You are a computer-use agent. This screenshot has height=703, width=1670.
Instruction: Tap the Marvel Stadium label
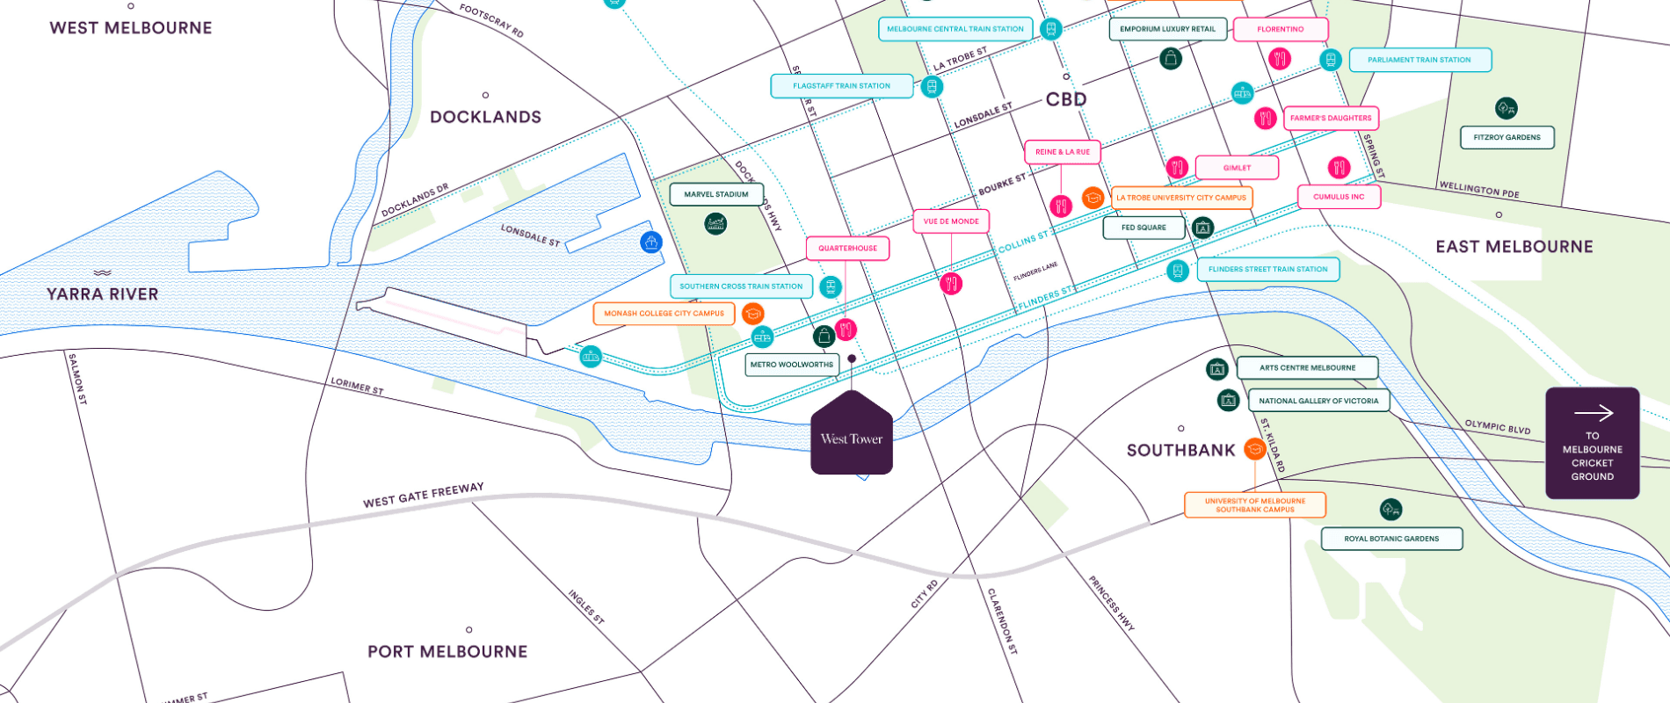tap(716, 194)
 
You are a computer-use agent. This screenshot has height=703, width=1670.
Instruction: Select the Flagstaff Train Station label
tap(841, 86)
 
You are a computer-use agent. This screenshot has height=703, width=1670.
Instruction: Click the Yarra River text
tap(103, 294)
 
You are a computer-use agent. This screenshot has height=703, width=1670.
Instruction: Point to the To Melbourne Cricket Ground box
tap(1592, 444)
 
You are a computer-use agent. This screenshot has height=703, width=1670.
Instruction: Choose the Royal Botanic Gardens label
tap(1391, 539)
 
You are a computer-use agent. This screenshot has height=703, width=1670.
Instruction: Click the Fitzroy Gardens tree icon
tap(1506, 108)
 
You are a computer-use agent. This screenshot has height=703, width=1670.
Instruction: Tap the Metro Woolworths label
tap(791, 365)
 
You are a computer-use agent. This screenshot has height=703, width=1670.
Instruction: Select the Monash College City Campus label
tap(664, 314)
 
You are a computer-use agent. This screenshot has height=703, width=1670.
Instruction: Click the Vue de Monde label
tap(951, 221)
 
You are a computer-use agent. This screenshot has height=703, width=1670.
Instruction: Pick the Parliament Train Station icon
tap(1331, 60)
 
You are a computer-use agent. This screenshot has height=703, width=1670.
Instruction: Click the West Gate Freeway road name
tap(423, 496)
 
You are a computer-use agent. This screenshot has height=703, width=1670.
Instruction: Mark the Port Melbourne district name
tap(447, 652)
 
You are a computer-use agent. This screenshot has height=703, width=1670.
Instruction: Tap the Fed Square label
tap(1144, 228)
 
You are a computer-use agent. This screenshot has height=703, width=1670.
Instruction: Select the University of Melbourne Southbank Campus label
tap(1254, 505)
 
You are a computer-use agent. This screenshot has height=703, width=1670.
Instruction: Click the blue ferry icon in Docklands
tap(651, 243)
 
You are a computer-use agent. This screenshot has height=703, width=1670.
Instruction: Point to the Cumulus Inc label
tap(1339, 197)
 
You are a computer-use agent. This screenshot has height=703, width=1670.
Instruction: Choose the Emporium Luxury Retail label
tap(1167, 29)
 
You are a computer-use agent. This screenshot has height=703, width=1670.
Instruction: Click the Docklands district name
tap(485, 118)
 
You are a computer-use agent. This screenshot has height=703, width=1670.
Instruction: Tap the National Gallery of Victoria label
tap(1318, 401)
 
